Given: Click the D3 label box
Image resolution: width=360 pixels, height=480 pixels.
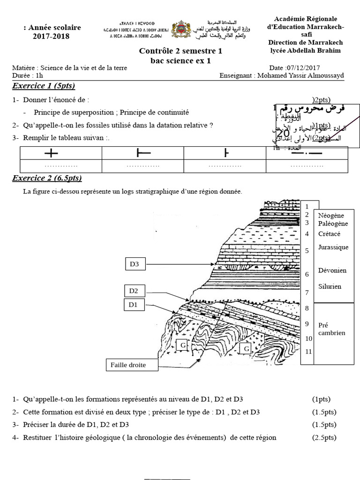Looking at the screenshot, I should point(135,264).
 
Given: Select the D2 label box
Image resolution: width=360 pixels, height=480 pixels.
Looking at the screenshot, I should point(134,291).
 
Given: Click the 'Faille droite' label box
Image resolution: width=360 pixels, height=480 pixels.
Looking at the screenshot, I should point(128,365).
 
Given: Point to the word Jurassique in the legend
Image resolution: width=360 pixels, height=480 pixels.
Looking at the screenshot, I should point(333,247).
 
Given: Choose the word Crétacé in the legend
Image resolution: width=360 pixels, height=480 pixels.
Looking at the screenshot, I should point(329,234).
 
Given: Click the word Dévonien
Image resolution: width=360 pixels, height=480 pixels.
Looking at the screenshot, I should point(332,270).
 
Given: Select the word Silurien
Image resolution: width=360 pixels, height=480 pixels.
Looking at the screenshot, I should point(330,286).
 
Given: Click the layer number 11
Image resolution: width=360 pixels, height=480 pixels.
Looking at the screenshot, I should point(308,351).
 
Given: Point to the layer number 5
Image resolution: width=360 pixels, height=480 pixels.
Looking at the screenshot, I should point(307,251).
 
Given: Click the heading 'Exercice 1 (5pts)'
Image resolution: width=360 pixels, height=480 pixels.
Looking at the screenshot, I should point(44,86).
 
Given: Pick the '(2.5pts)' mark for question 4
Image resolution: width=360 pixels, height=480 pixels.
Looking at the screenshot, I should point(324,437).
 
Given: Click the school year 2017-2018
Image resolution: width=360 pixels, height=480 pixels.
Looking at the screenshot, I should point(51,36).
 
